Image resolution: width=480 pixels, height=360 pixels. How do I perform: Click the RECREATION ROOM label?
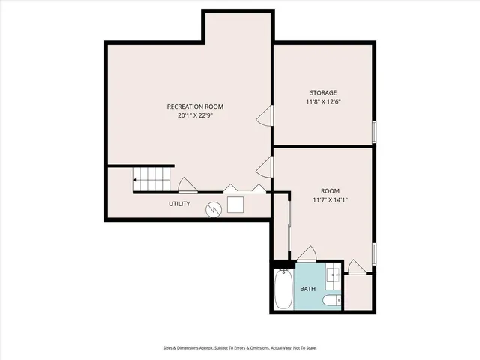[195, 106]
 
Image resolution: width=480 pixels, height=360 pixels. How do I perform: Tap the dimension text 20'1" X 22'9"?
[195, 116]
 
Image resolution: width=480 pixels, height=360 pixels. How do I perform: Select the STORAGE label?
[322, 92]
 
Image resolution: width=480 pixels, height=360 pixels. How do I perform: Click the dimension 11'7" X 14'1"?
[331, 200]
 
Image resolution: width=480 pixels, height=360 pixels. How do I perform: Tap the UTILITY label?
[179, 204]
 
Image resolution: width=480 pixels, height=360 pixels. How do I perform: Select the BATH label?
[308, 289]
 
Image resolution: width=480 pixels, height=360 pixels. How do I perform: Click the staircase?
[154, 180]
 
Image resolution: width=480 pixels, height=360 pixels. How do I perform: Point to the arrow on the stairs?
[136, 180]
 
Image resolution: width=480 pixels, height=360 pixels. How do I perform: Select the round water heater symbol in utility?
[214, 209]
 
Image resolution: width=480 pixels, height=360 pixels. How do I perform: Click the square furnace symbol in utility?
[236, 205]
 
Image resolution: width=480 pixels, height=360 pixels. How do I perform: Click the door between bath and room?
[307, 253]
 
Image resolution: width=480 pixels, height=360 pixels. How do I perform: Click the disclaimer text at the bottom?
[240, 347]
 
